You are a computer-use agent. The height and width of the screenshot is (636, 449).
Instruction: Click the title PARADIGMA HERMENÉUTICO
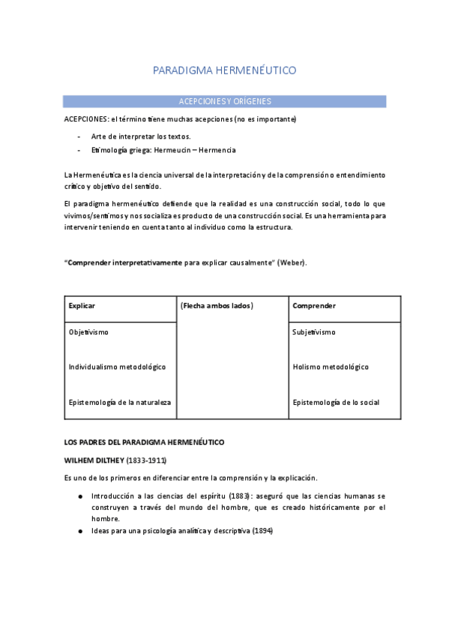pos(224,70)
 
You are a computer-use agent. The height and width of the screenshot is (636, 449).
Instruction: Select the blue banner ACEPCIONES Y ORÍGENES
pos(225,100)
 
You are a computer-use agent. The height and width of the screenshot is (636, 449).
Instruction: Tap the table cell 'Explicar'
pos(82,306)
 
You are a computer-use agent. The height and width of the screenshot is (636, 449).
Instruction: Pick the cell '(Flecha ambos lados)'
pos(217,306)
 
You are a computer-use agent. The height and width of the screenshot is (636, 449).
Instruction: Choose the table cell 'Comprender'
pos(314,306)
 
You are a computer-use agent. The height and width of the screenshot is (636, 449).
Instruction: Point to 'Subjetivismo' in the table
pos(314,331)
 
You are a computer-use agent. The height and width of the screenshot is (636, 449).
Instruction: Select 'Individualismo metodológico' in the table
pos(117,367)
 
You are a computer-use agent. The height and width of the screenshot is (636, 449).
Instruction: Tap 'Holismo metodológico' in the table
pos(331,367)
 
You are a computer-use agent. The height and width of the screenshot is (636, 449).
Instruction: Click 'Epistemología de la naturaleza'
pos(119,402)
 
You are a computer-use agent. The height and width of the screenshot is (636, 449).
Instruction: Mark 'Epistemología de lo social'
pos(336,402)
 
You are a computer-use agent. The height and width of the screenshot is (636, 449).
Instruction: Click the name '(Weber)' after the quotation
pos(292,262)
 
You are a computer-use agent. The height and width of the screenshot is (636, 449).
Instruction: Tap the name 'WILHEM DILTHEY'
pos(100,460)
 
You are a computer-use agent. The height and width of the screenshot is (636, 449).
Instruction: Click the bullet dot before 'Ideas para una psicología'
pos(80,531)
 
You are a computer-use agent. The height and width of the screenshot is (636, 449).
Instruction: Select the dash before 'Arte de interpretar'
pos(79,136)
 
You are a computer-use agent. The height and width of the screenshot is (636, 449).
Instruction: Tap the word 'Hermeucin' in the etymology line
pos(172,150)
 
